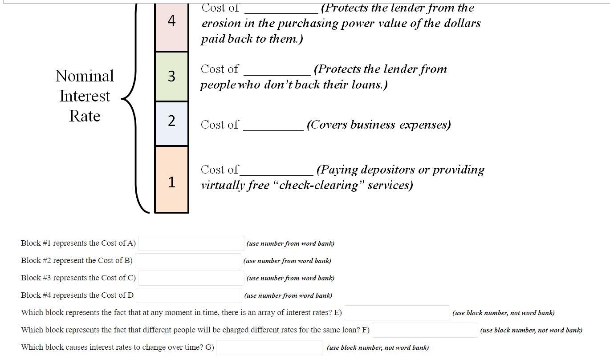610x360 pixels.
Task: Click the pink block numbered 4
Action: click(171, 27)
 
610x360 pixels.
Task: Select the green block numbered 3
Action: click(171, 76)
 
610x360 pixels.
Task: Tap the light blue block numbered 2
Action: click(171, 123)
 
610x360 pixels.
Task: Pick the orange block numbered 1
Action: click(171, 179)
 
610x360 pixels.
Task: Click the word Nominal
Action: click(85, 76)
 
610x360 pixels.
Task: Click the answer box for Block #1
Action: click(191, 243)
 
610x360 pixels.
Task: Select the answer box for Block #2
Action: click(188, 261)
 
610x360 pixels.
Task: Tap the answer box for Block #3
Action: click(191, 278)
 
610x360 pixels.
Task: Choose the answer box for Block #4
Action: click(189, 295)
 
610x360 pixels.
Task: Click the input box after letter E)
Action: click(397, 313)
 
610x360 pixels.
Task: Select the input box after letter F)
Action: click(425, 330)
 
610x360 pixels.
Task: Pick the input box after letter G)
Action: click(269, 348)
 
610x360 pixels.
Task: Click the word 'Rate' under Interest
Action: click(85, 116)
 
